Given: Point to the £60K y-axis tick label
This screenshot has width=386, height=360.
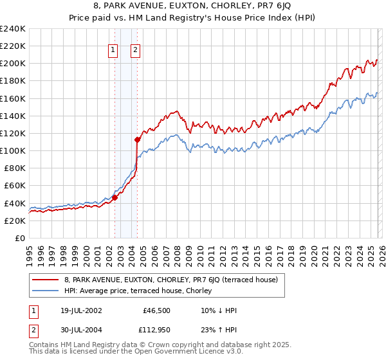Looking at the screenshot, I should pyautogui.click(x=14, y=185).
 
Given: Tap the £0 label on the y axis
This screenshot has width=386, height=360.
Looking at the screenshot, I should pyautogui.click(x=21, y=238).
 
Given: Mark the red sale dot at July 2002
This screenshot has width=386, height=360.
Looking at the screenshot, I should pyautogui.click(x=115, y=198).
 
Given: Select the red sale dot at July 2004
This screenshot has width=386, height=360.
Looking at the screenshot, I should pyautogui.click(x=138, y=139).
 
